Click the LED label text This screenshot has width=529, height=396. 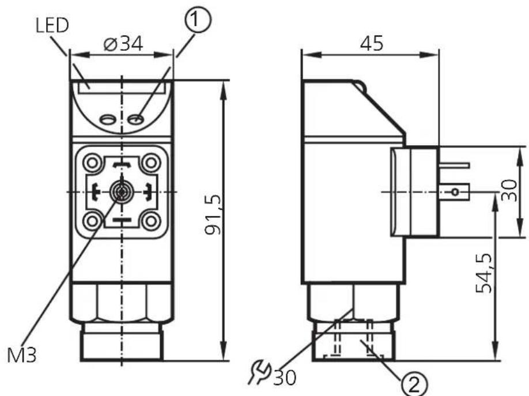(52, 25)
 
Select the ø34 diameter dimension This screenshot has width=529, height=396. (123, 44)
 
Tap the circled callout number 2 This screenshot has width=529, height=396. (414, 384)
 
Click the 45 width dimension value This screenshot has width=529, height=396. (372, 44)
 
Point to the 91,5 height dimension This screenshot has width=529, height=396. (213, 214)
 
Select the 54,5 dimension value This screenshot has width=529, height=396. (483, 273)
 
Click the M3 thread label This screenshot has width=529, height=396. (21, 355)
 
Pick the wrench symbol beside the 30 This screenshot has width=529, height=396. (259, 372)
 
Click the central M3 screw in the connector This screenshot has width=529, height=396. (121, 192)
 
